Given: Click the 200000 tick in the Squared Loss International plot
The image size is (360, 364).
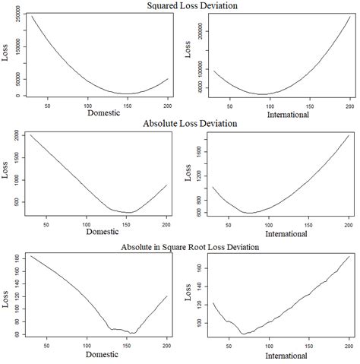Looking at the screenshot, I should click(198, 32).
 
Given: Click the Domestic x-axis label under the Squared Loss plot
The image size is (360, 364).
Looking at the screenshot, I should click(93, 116).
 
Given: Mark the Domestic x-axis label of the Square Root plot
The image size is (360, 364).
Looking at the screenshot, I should click(93, 356).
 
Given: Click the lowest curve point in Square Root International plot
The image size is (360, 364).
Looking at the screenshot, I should click(243, 333).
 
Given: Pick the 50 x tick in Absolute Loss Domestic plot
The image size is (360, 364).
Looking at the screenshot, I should click(46, 225).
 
